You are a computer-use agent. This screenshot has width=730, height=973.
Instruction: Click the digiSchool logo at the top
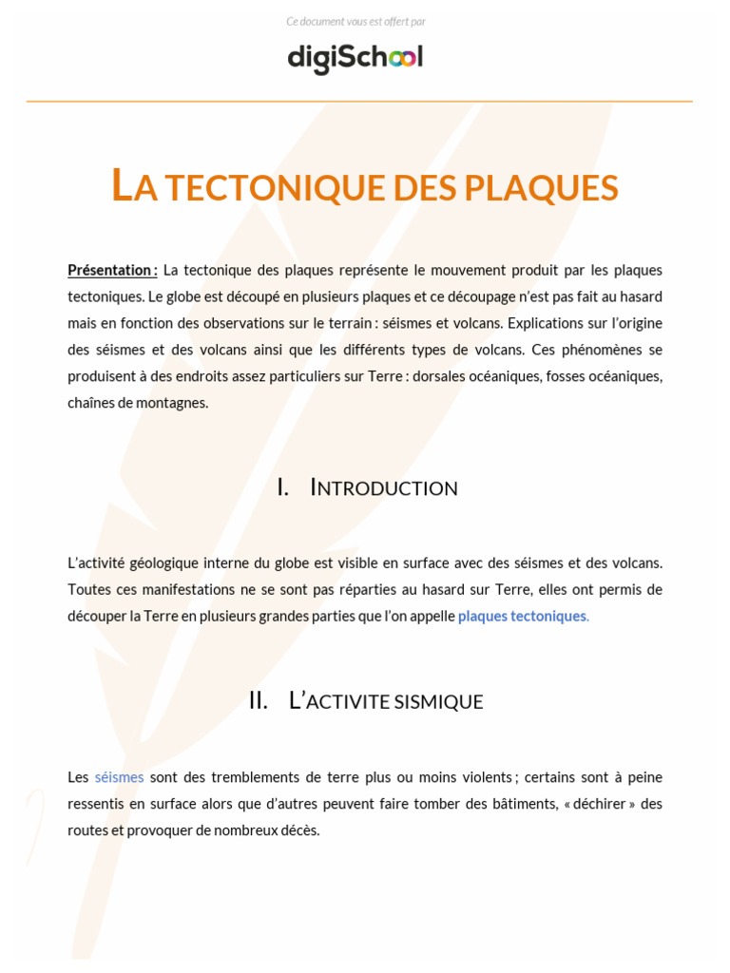click(355, 58)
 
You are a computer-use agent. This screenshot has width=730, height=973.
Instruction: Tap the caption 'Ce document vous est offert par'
click(355, 22)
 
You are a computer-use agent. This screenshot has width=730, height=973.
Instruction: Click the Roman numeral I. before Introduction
click(282, 488)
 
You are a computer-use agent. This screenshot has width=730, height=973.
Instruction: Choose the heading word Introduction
click(384, 488)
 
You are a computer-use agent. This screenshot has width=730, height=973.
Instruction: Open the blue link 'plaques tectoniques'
click(522, 616)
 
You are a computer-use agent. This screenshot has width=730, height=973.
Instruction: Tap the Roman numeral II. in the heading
click(258, 701)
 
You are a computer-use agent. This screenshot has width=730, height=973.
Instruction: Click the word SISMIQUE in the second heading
click(439, 701)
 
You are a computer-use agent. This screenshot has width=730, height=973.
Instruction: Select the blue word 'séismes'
click(119, 777)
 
